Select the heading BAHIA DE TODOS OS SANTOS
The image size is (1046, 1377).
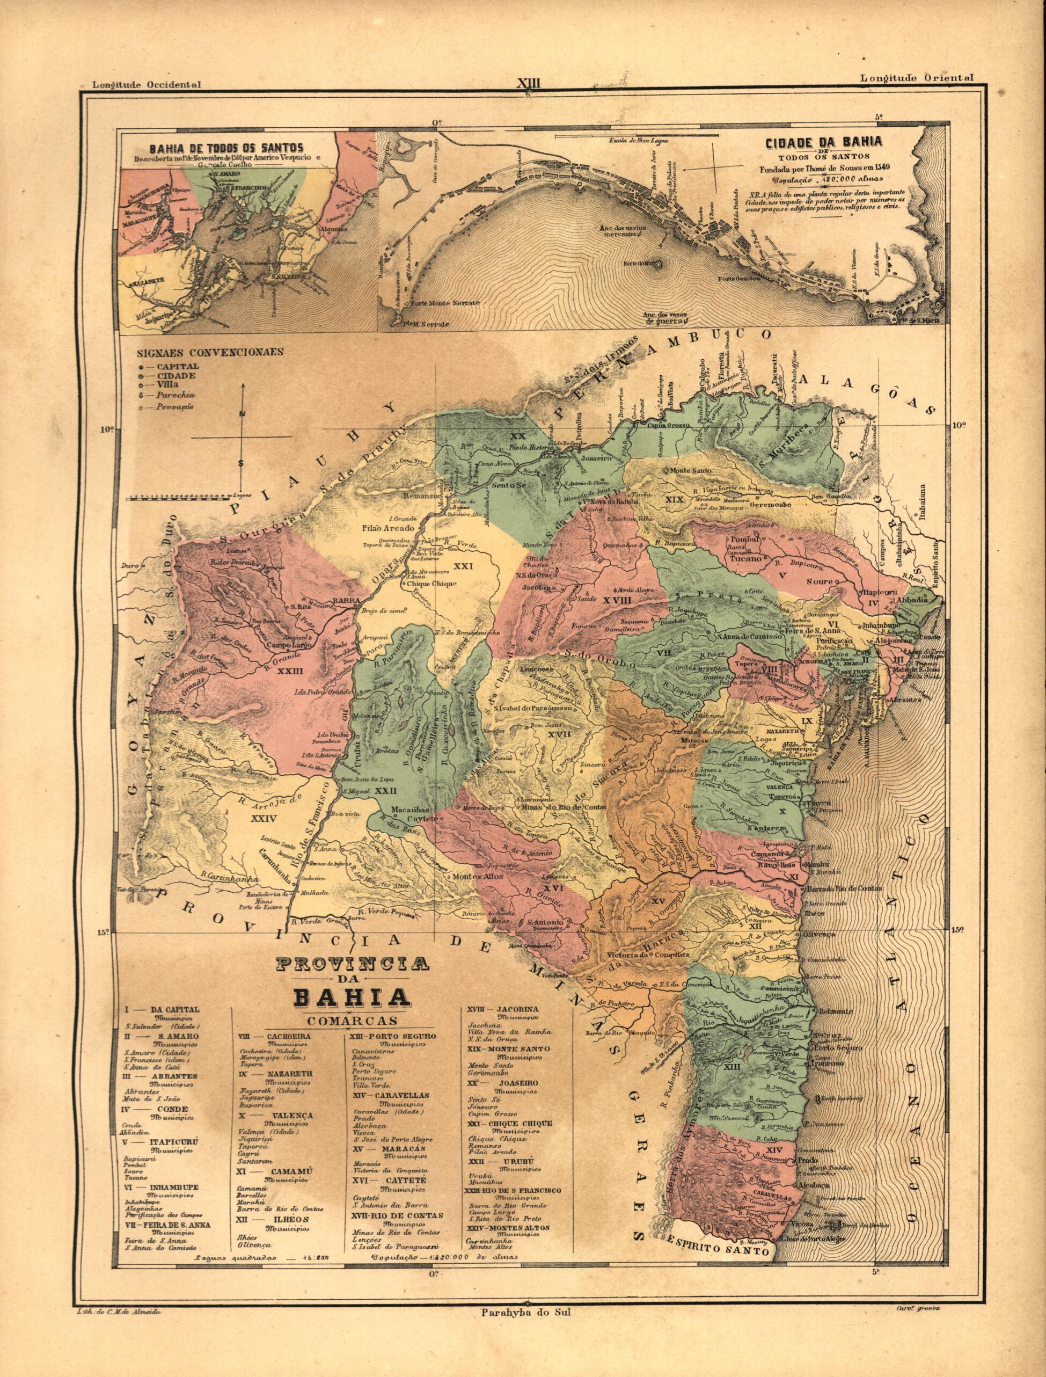tap(225, 148)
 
